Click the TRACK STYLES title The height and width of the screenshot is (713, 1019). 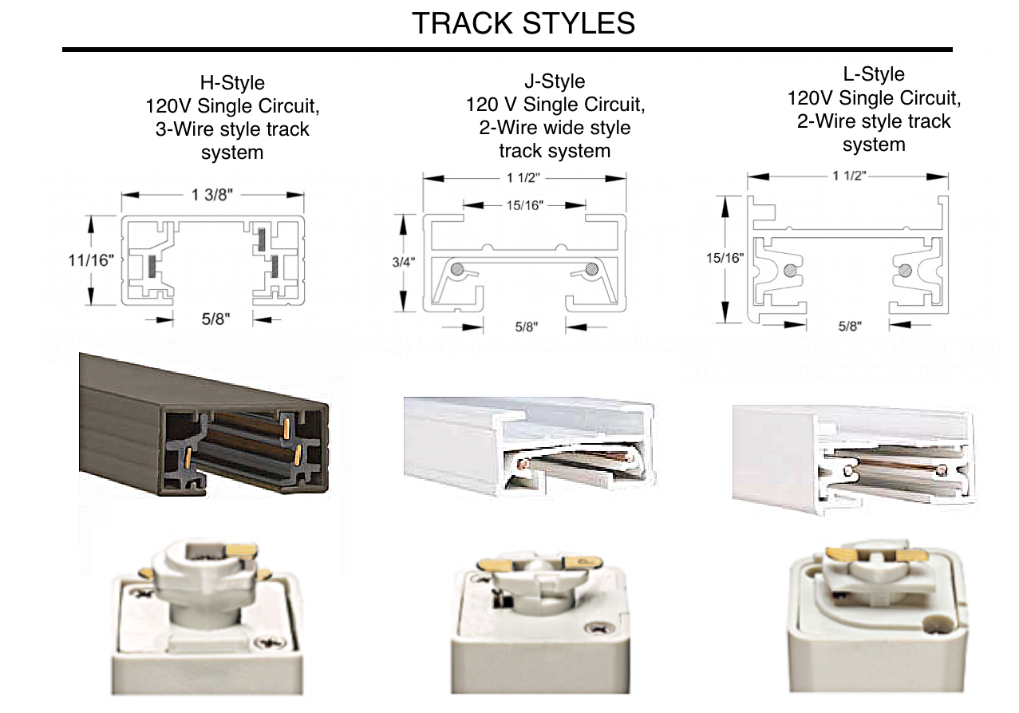(x=523, y=23)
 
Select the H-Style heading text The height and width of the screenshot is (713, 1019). (x=232, y=83)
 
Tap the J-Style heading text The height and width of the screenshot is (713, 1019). (x=555, y=81)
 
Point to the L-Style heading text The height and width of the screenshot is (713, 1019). (x=874, y=74)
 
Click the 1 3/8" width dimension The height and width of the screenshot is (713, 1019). (x=212, y=195)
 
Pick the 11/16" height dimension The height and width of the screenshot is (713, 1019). (x=91, y=260)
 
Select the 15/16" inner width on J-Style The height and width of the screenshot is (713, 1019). (x=525, y=205)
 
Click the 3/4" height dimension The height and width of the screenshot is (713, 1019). (x=404, y=262)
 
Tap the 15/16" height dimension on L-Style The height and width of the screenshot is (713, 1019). (x=725, y=258)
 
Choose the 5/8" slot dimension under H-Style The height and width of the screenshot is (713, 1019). (x=215, y=319)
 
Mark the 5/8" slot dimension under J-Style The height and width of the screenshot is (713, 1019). (x=527, y=327)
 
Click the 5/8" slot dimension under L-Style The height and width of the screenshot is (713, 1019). (x=850, y=326)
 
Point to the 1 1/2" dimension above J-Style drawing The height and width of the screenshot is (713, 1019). (x=523, y=177)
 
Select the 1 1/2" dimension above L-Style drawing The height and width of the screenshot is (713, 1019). (x=849, y=176)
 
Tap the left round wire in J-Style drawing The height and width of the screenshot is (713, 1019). (x=458, y=269)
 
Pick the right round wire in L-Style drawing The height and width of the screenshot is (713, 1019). (x=905, y=271)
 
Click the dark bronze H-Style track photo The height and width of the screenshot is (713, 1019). (x=204, y=424)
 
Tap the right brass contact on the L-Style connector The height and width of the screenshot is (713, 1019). (x=908, y=555)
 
